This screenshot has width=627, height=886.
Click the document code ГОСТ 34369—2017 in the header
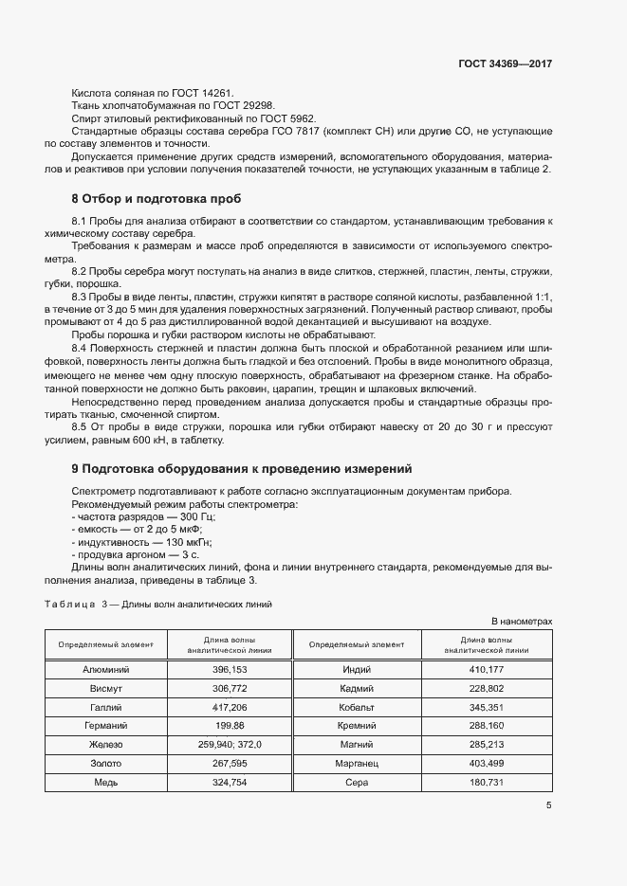pyautogui.click(x=505, y=64)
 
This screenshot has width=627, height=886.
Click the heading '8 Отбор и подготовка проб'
pyautogui.click(x=157, y=199)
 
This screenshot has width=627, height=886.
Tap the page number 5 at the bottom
pyautogui.click(x=548, y=805)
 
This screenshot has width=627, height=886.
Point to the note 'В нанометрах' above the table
pyautogui.click(x=521, y=621)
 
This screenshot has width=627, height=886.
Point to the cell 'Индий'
pyautogui.click(x=357, y=669)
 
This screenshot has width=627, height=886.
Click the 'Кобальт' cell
pyautogui.click(x=357, y=707)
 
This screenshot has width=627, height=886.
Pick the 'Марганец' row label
pyautogui.click(x=357, y=764)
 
